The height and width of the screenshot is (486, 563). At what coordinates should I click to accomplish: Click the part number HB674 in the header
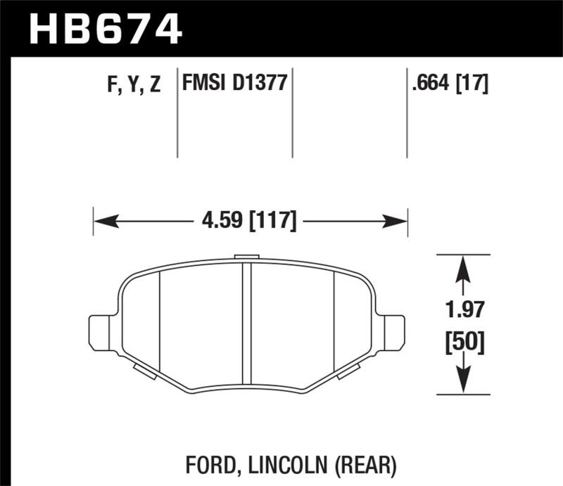click(x=105, y=29)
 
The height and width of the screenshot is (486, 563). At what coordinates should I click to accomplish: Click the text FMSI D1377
click(x=234, y=84)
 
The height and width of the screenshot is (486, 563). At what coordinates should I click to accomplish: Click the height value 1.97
click(x=462, y=309)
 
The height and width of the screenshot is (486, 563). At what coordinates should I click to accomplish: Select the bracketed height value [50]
click(x=462, y=344)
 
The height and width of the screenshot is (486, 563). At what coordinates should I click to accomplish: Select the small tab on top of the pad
click(x=246, y=257)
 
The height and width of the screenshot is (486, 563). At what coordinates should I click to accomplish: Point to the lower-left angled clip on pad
click(x=144, y=370)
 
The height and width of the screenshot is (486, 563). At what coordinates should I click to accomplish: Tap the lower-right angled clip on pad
click(x=348, y=370)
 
